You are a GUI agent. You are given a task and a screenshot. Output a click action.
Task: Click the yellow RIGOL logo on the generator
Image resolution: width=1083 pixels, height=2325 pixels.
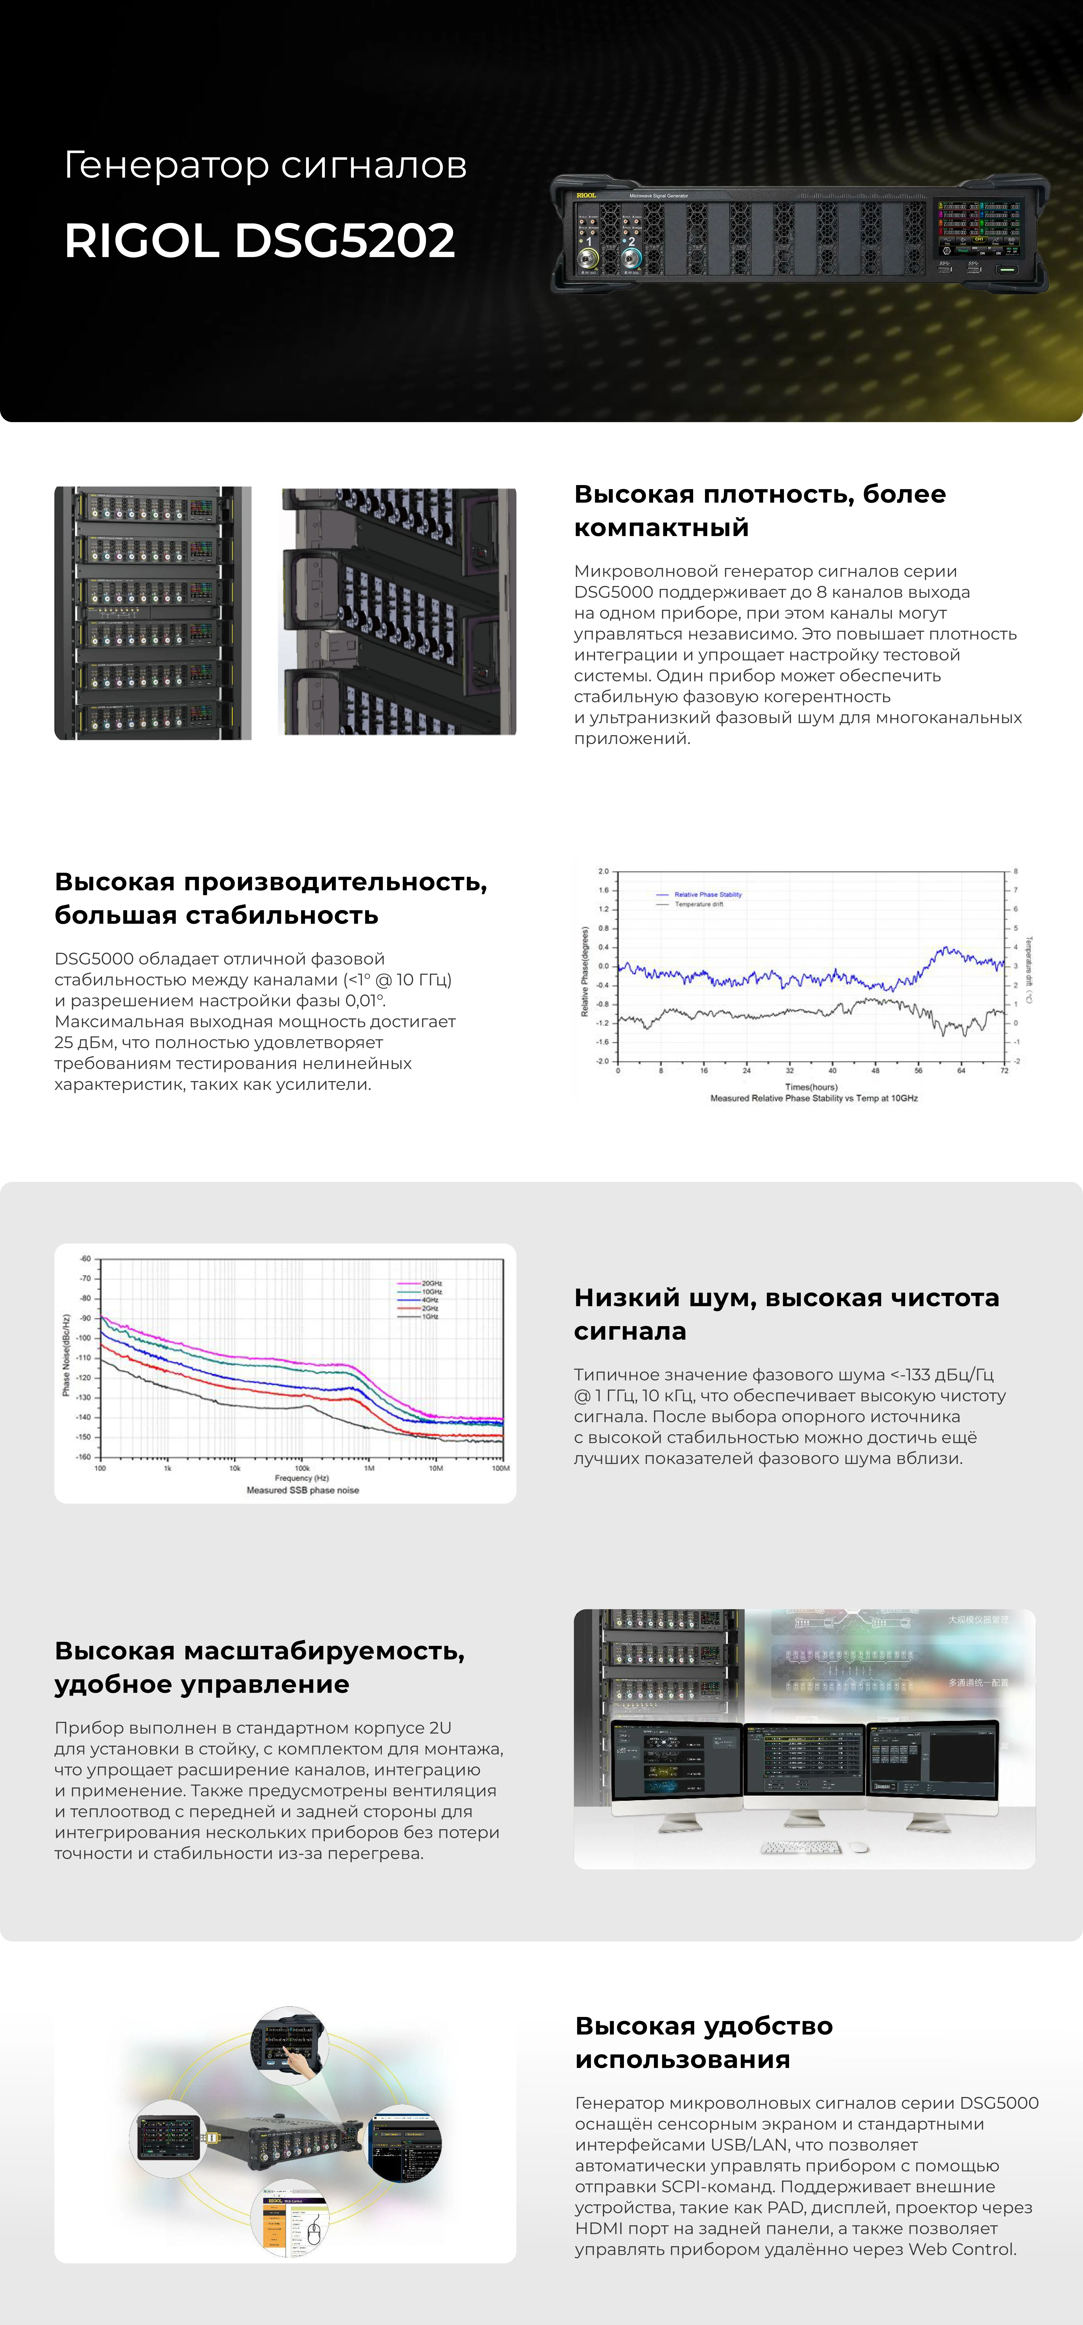point(587,195)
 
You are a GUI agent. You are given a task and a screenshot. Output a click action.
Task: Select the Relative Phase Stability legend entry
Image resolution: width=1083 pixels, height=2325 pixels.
point(707,895)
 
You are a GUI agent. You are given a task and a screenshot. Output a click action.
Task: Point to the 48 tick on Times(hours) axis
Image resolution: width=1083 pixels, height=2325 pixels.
point(875,1070)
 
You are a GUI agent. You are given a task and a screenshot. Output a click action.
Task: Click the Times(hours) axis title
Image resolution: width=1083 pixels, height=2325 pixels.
point(811,1087)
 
